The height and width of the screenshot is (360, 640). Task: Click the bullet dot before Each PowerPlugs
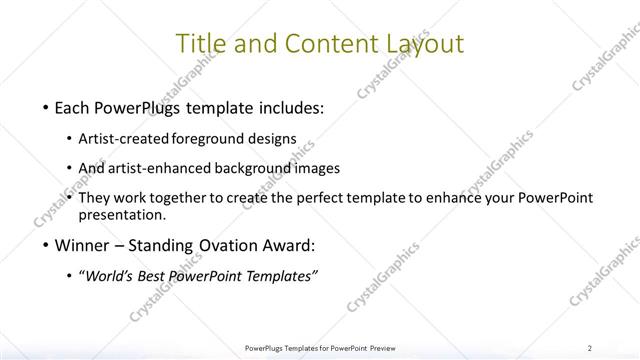point(35,108)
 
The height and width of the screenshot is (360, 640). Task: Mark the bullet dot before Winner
point(35,245)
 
